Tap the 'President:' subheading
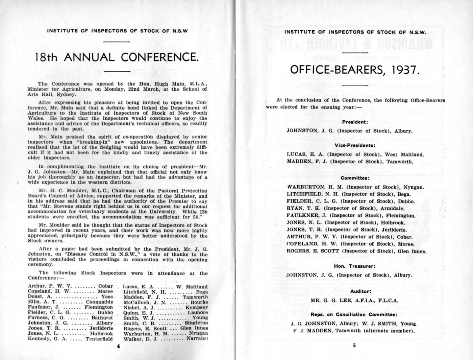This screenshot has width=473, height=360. coord(354,122)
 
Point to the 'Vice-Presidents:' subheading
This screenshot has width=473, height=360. coord(355,145)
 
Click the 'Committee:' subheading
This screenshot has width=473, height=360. coord(355,178)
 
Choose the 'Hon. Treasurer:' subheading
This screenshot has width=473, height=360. coord(355,266)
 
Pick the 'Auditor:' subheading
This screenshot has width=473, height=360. coord(360,291)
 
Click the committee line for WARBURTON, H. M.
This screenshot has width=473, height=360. coord(355,187)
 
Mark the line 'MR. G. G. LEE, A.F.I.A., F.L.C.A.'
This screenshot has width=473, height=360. coord(354,300)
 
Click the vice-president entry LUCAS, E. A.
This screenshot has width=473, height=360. coord(355,154)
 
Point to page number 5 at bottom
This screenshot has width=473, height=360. coord(354,345)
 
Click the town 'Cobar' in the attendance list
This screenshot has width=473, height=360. coord(105,286)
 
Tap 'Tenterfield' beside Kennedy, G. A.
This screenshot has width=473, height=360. coord(99,339)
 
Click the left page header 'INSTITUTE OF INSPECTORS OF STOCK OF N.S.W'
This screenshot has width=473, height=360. coord(117,31)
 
